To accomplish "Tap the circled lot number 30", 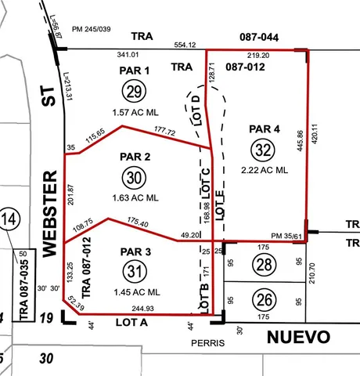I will [x=134, y=179].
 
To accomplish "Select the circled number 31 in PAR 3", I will [x=134, y=272].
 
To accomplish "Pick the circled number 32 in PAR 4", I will [x=263, y=149].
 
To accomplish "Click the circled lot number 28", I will [x=265, y=265].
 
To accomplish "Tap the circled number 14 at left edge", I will [x=9, y=219].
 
